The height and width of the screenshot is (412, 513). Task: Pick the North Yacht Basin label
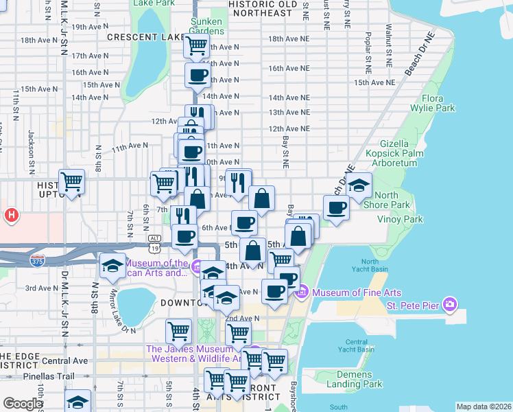[370, 266]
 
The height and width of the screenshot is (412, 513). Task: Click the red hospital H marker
[11, 216]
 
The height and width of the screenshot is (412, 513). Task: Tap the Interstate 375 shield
[38, 260]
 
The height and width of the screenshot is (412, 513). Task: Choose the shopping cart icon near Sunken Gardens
[197, 45]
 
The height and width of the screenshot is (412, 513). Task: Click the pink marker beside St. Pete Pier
[450, 304]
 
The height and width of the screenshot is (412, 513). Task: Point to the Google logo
[23, 404]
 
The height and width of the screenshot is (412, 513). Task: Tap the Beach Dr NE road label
[420, 54]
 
